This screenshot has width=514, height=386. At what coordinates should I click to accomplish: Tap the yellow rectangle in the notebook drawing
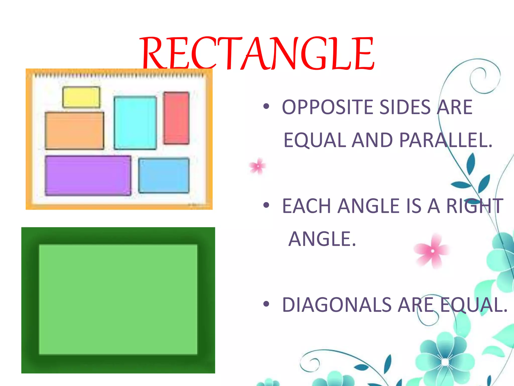(81, 97)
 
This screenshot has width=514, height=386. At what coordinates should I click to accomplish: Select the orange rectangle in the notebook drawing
(75, 131)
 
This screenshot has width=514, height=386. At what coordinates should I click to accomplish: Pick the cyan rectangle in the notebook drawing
(135, 123)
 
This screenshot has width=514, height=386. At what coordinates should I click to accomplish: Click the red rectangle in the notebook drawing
(176, 118)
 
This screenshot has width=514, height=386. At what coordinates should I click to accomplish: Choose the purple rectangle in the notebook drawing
(88, 175)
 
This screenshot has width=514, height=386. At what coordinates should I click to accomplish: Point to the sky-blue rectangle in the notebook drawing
(164, 175)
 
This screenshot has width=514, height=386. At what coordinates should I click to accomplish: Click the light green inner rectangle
(118, 299)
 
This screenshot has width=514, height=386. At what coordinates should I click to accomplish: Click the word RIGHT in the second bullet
(475, 206)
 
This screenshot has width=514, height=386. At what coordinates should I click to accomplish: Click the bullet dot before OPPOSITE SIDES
(266, 107)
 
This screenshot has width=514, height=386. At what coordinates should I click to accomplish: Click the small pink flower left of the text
(258, 166)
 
